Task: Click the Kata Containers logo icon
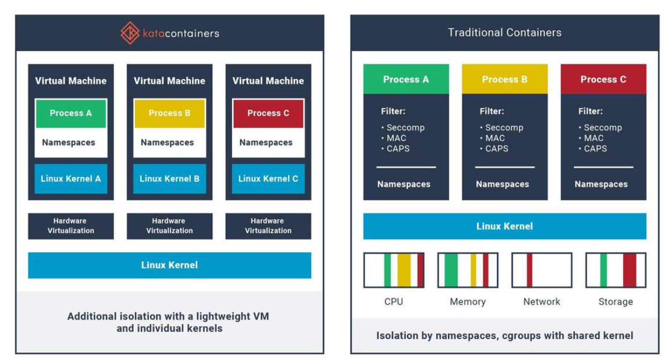coord(130,33)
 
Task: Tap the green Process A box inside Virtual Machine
coord(70,113)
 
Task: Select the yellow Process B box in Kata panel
coord(169,113)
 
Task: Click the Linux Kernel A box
coord(70,179)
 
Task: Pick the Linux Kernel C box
coord(268,179)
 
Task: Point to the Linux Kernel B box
coord(169,179)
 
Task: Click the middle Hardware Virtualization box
coord(169,226)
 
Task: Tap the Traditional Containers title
coord(504,33)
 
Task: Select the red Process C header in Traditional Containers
coord(603,79)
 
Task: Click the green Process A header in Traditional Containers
coord(406,79)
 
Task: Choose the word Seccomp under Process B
coord(504,127)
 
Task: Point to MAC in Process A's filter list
coord(397,138)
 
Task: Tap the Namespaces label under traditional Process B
coord(502,184)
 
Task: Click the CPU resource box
coord(394,270)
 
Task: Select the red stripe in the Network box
coord(529,270)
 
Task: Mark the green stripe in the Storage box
coord(603,270)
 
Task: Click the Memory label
coord(468,301)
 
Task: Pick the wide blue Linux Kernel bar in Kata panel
coord(169,265)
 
